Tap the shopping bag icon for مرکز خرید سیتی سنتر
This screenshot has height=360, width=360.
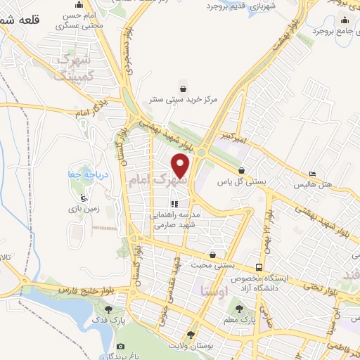pos(183,89)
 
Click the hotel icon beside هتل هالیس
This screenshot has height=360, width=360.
pos(313,174)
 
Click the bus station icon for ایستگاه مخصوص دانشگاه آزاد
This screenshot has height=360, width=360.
pos(259,267)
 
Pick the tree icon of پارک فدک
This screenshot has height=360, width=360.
pos(108,308)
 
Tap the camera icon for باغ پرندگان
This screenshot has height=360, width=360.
pos(121,347)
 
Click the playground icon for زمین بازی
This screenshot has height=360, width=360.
pos(83,198)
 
